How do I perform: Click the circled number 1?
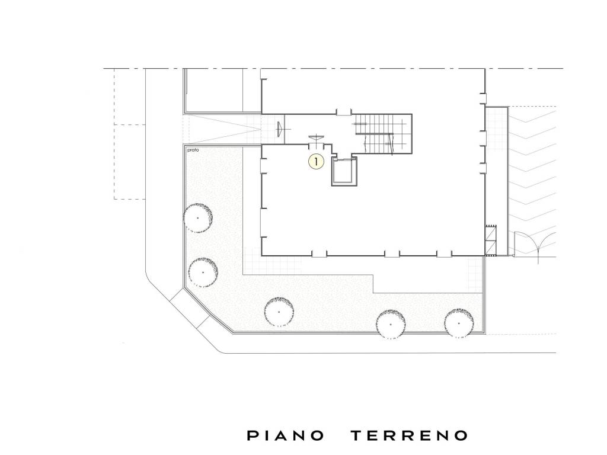pyautogui.click(x=316, y=161)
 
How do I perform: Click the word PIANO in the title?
pyautogui.click(x=285, y=436)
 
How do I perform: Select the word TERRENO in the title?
pyautogui.click(x=410, y=436)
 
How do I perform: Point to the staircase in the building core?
pyautogui.click(x=384, y=133)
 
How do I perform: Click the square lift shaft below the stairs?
pyautogui.click(x=344, y=172)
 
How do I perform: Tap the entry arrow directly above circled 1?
pyautogui.click(x=316, y=138)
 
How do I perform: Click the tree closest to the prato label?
pyautogui.click(x=198, y=217)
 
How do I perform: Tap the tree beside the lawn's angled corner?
pyautogui.click(x=203, y=272)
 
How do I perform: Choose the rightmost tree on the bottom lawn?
pyautogui.click(x=459, y=323)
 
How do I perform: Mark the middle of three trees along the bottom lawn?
pyautogui.click(x=391, y=325)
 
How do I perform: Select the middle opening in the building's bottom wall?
pyautogui.click(x=392, y=254)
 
